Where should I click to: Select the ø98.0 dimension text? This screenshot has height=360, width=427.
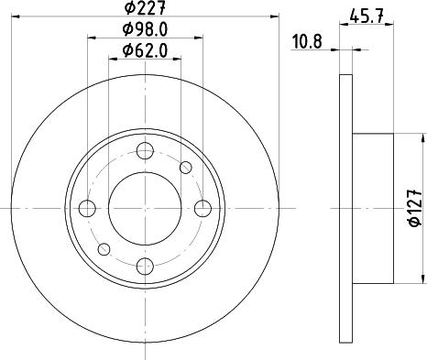click(144, 30)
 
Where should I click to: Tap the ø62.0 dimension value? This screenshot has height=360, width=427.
click(145, 50)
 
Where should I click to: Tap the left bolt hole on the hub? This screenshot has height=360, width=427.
click(88, 208)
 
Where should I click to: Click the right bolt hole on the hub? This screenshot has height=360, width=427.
click(201, 208)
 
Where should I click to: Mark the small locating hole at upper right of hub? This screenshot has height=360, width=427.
click(186, 167)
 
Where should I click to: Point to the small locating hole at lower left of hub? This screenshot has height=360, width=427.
click(104, 248)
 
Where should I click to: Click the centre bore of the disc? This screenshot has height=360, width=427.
click(145, 208)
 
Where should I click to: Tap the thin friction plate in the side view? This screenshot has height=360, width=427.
click(345, 208)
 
